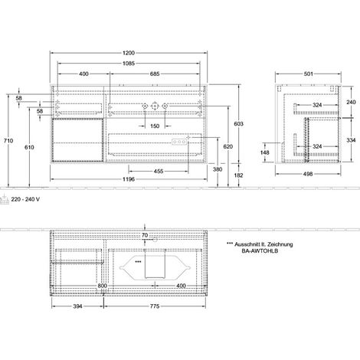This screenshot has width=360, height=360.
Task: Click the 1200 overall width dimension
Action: tap(129, 53)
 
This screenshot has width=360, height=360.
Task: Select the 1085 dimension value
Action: tap(129, 64)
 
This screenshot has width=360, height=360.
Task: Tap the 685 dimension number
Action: tap(155, 74)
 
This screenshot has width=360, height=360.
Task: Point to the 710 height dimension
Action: tap(8, 140)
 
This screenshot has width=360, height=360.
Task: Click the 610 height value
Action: tap(29, 147)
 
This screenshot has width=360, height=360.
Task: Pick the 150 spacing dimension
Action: tap(155, 126)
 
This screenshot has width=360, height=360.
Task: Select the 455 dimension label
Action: tap(159, 171)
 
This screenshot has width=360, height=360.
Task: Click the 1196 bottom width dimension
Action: tap(129, 179)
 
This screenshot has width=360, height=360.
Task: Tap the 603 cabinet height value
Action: tap(239, 124)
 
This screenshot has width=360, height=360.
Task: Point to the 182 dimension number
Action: tap(239, 175)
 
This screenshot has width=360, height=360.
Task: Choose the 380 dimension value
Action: tap(218, 169)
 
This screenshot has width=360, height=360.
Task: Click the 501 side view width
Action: tap(308, 74)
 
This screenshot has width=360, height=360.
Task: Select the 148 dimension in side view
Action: tap(265, 152)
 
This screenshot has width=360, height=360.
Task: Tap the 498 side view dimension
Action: tap(308, 174)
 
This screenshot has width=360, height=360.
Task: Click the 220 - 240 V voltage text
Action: tap(25, 199)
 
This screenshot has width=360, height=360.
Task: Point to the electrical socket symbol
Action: tap(5, 199)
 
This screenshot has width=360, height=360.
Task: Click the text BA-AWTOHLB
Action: tap(260, 250)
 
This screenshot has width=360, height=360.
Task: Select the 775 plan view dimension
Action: tap(155, 306)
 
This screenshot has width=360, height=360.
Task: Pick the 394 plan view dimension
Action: tap(77, 306)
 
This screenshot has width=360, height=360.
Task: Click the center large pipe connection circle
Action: tap(155, 106)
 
